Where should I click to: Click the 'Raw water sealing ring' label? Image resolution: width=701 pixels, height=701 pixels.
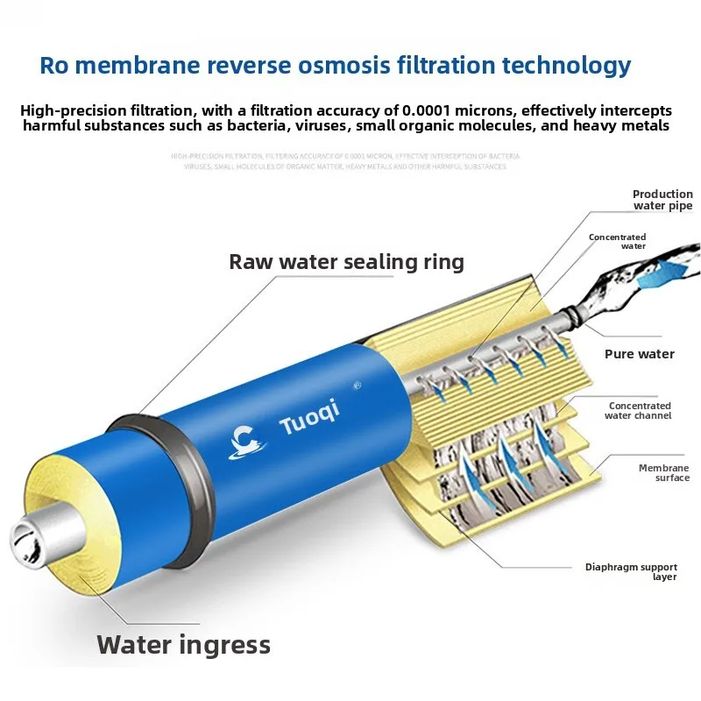(346, 261)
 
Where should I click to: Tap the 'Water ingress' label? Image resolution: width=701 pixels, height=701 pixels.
(183, 645)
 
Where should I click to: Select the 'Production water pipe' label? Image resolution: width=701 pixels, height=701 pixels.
(662, 200)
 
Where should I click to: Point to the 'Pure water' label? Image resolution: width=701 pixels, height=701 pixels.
(640, 354)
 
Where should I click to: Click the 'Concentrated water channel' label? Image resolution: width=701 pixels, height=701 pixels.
(640, 410)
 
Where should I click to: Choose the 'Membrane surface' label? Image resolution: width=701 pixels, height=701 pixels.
(663, 472)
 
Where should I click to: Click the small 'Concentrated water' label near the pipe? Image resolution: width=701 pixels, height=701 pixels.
(617, 241)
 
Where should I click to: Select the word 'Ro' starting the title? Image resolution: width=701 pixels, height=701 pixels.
(54, 65)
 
